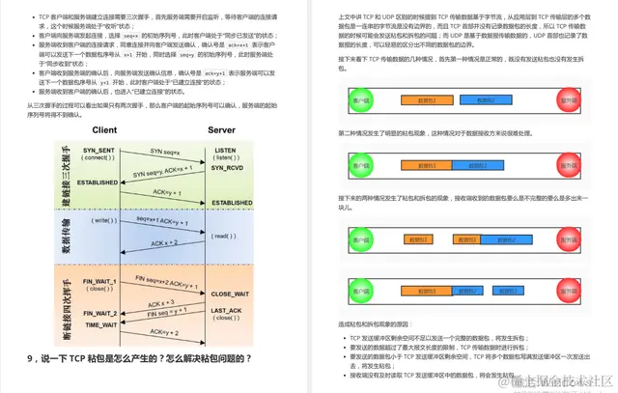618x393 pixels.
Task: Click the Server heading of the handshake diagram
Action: pyautogui.click(x=221, y=129)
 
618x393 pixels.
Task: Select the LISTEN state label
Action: pyautogui.click(x=225, y=151)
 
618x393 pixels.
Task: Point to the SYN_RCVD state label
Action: pyautogui.click(x=227, y=167)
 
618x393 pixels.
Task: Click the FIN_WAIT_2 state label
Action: pyautogui.click(x=99, y=313)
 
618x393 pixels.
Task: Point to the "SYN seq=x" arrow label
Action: pyautogui.click(x=163, y=151)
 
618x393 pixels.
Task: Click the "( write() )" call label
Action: pyautogui.click(x=102, y=220)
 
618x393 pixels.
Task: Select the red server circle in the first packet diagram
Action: pyautogui.click(x=579, y=100)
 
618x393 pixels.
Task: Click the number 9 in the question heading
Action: pyautogui.click(x=31, y=358)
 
